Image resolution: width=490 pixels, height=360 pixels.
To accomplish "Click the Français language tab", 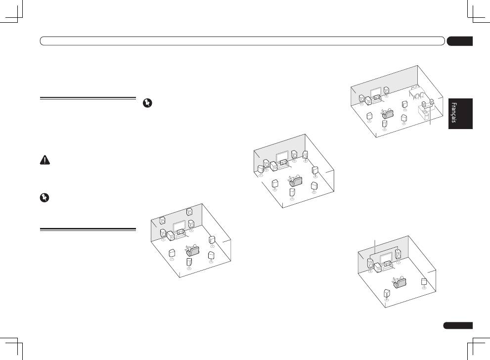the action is click(460, 113).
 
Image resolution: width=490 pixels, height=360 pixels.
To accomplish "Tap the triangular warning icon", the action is click(45, 160).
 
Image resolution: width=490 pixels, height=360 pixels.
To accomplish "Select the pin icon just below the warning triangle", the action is click(45, 197).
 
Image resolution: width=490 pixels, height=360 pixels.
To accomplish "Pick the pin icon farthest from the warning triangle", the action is click(147, 103).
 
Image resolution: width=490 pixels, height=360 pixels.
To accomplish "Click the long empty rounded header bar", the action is click(242, 41).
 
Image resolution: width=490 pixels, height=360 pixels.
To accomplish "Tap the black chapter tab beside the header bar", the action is click(460, 41).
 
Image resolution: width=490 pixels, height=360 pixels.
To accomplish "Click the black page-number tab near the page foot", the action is click(458, 325).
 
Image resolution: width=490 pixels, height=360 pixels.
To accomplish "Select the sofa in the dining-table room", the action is click(388, 113).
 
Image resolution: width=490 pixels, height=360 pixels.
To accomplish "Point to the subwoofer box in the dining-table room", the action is click(368, 100).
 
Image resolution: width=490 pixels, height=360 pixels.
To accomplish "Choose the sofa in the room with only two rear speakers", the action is click(400, 282).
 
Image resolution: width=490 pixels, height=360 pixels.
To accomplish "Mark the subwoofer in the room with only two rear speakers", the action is click(378, 268).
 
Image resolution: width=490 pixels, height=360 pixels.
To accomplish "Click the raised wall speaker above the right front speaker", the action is click(189, 212).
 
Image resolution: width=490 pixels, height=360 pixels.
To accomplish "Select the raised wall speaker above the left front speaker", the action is click(162, 221).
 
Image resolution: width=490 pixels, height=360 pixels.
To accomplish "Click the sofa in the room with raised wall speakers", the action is click(193, 251).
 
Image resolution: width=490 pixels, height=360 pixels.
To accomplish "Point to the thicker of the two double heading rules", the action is click(88, 229).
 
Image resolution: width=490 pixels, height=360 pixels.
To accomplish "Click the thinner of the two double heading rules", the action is click(88, 98).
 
